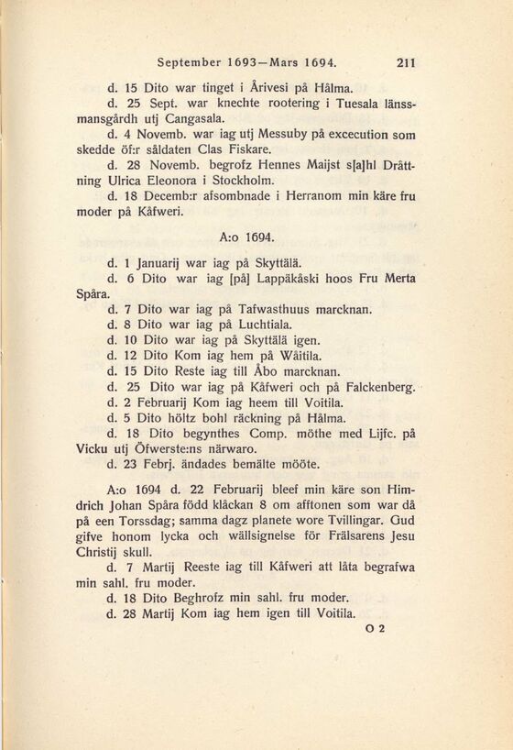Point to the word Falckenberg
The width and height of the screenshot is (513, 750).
[x=371, y=387]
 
